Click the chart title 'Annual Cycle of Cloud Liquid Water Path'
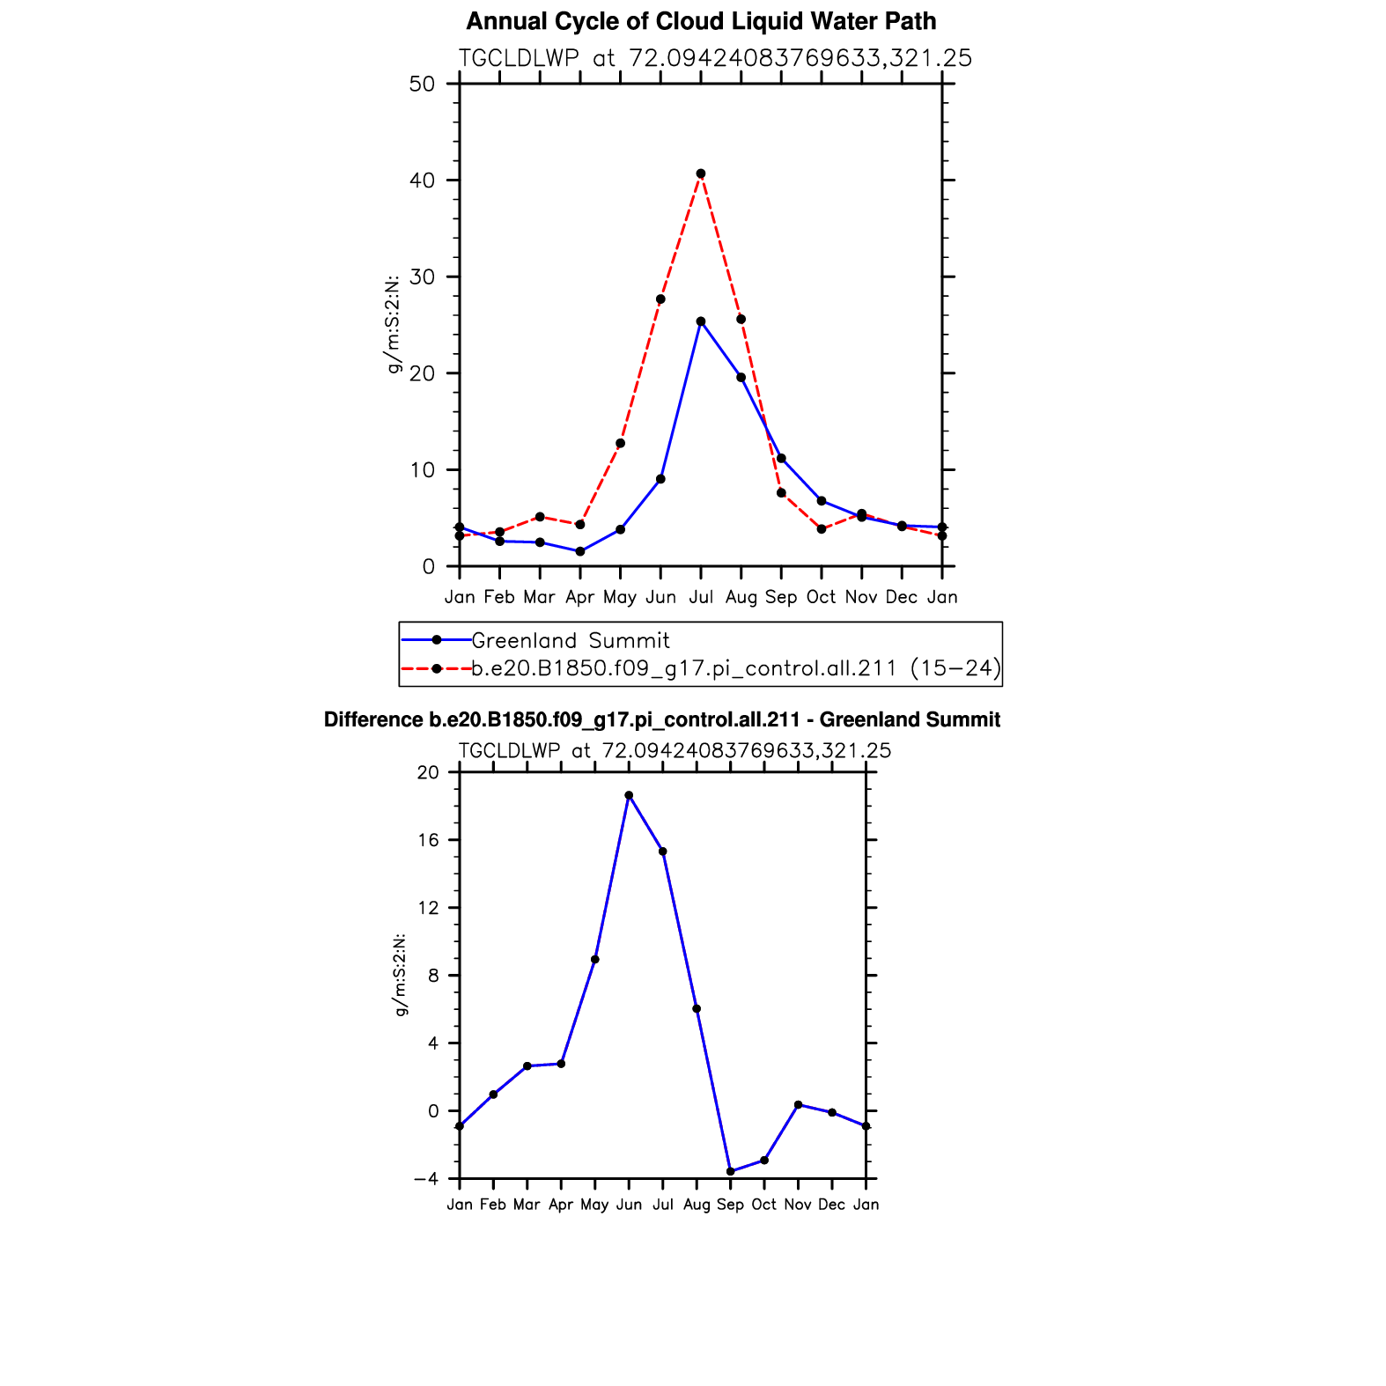(701, 21)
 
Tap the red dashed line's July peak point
(701, 173)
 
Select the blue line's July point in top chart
(701, 321)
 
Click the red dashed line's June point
(660, 299)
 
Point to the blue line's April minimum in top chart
(580, 551)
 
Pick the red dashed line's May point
(620, 443)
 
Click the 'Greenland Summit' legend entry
(571, 640)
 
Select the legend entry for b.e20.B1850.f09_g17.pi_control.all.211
(736, 668)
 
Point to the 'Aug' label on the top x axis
(741, 598)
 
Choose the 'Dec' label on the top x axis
(902, 598)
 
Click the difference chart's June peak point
(629, 795)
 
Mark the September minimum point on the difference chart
(730, 1171)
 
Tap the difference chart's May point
(595, 959)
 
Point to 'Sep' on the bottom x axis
(730, 1205)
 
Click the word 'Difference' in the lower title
(373, 720)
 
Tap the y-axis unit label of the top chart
(394, 324)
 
